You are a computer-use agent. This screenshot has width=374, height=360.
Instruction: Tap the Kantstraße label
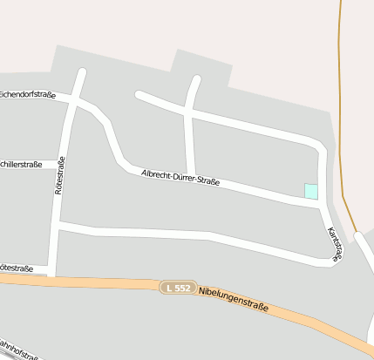[335, 242]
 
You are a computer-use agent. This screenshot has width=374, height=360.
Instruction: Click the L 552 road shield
[176, 288]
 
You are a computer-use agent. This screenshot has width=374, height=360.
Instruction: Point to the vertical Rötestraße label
[60, 175]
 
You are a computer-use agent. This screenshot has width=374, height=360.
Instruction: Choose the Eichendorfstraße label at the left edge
[28, 93]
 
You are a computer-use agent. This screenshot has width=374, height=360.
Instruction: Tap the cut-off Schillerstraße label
[20, 164]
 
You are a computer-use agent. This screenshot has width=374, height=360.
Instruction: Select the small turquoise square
[310, 191]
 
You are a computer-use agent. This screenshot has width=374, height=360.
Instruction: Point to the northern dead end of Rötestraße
[82, 72]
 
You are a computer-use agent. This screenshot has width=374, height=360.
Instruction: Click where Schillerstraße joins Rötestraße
[63, 163]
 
